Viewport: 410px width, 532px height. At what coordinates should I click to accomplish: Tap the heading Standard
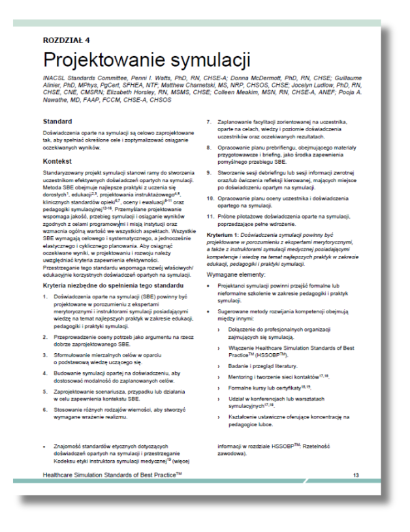pyautogui.click(x=58, y=121)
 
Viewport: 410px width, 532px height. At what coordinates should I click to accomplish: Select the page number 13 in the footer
pyautogui.click(x=356, y=475)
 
